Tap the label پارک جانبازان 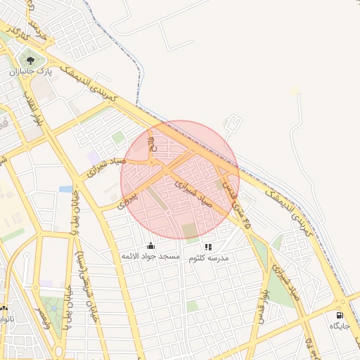30,71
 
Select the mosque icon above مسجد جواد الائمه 150,245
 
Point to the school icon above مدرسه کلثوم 207,247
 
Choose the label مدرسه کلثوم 208,258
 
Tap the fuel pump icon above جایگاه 341,316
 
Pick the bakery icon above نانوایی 4,309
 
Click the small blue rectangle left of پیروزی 66,189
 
